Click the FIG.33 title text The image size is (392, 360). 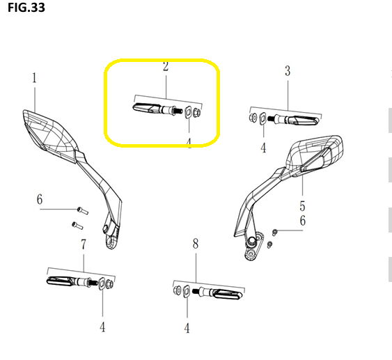26,8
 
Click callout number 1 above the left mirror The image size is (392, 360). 34,78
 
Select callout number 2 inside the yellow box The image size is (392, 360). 166,66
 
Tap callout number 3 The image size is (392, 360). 288,71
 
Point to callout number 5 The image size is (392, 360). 302,206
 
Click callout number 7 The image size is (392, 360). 84,244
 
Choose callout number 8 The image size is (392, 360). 196,244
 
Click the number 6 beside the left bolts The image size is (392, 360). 40,200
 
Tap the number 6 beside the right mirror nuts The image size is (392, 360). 303,221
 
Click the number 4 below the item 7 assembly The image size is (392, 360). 102,327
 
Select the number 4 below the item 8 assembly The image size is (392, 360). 187,328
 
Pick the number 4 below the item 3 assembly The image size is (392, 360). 263,148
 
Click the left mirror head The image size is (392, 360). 50,135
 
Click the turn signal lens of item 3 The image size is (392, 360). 306,120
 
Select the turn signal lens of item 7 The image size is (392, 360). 60,281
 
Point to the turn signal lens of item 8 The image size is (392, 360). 228,294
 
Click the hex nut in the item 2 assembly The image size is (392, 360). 197,112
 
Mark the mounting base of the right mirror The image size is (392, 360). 253,247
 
